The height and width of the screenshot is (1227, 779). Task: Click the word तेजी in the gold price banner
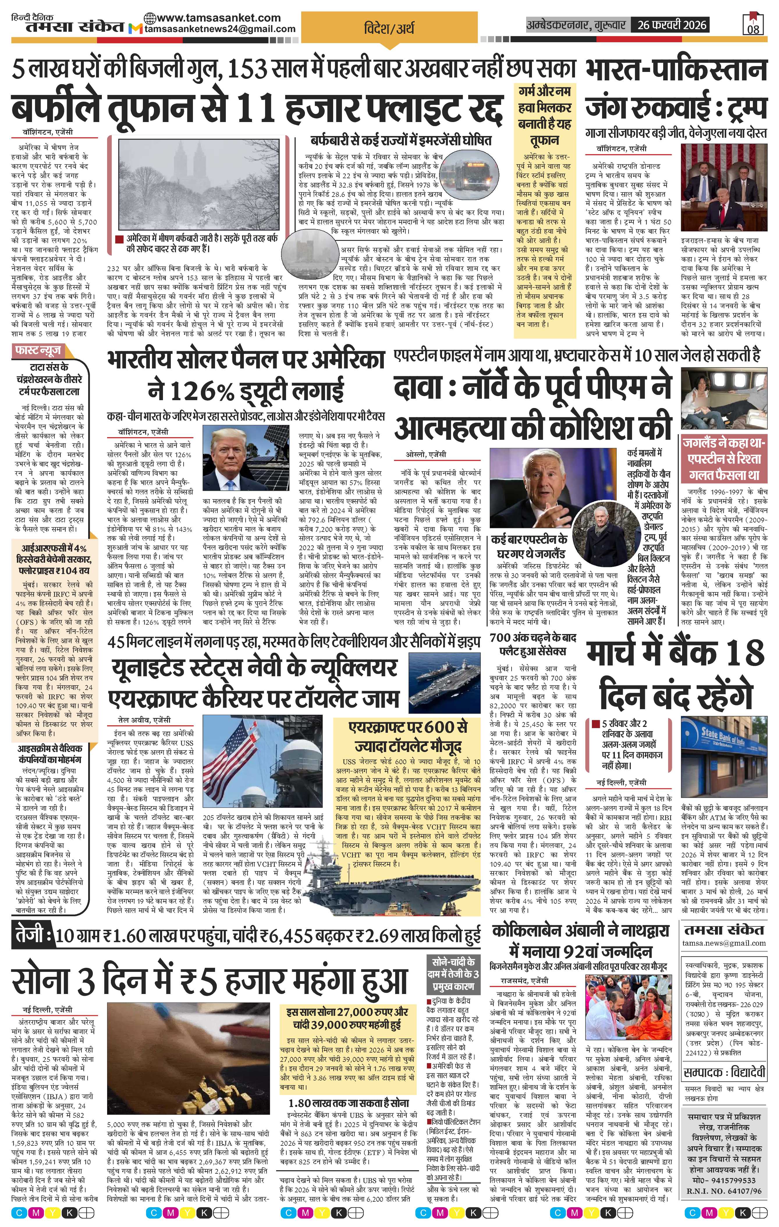tap(31, 935)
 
